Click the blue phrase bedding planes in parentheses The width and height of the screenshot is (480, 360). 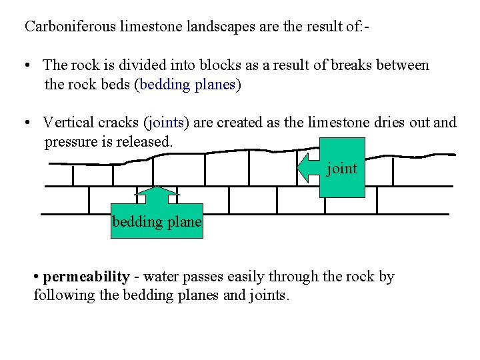[187, 85]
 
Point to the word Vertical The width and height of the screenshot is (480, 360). [67, 123]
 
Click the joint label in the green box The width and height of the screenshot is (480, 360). [342, 169]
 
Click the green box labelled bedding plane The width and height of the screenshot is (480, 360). [157, 222]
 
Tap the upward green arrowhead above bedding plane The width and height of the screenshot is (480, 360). [157, 193]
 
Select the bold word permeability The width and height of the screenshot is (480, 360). [86, 277]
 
